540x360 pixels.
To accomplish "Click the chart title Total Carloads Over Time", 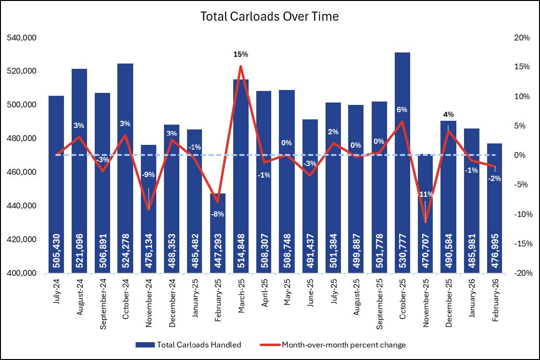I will coord(269,16).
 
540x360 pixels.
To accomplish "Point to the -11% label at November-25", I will coord(425,194).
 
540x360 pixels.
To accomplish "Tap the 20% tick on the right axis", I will coord(521,38).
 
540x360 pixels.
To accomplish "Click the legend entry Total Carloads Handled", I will coord(188,345).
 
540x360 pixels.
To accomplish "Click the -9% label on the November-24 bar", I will coord(149,175).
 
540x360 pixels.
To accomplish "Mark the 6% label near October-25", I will coord(402,110).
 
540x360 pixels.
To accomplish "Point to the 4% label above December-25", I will coord(448,115).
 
